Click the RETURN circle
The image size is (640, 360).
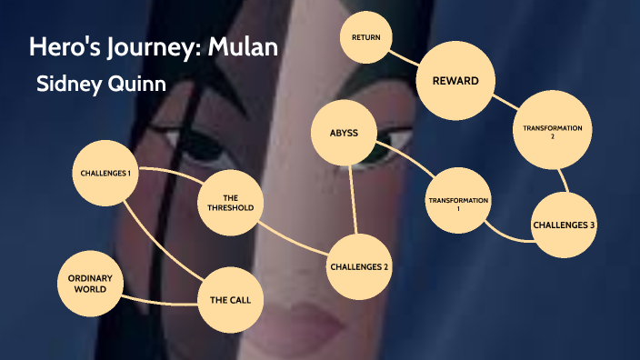click(365, 37)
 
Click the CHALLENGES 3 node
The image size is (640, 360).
click(565, 225)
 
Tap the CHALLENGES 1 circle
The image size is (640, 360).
click(105, 173)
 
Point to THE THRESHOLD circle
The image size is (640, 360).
click(231, 202)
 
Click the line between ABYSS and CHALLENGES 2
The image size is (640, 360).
click(352, 200)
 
